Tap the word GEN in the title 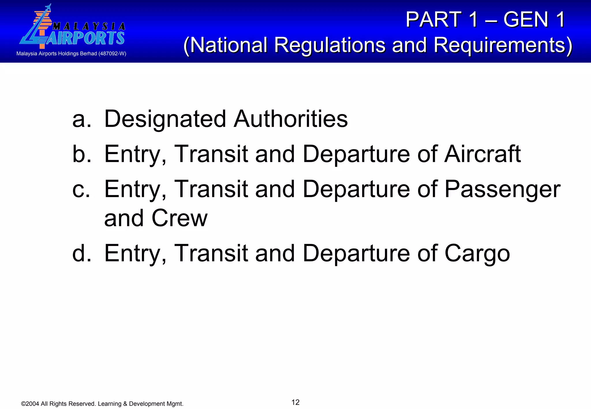(525, 20)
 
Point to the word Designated (165, 119)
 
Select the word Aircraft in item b (482, 154)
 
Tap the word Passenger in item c (502, 189)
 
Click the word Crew (179, 218)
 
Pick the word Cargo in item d (477, 253)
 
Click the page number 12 (295, 402)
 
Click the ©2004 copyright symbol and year (30, 404)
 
